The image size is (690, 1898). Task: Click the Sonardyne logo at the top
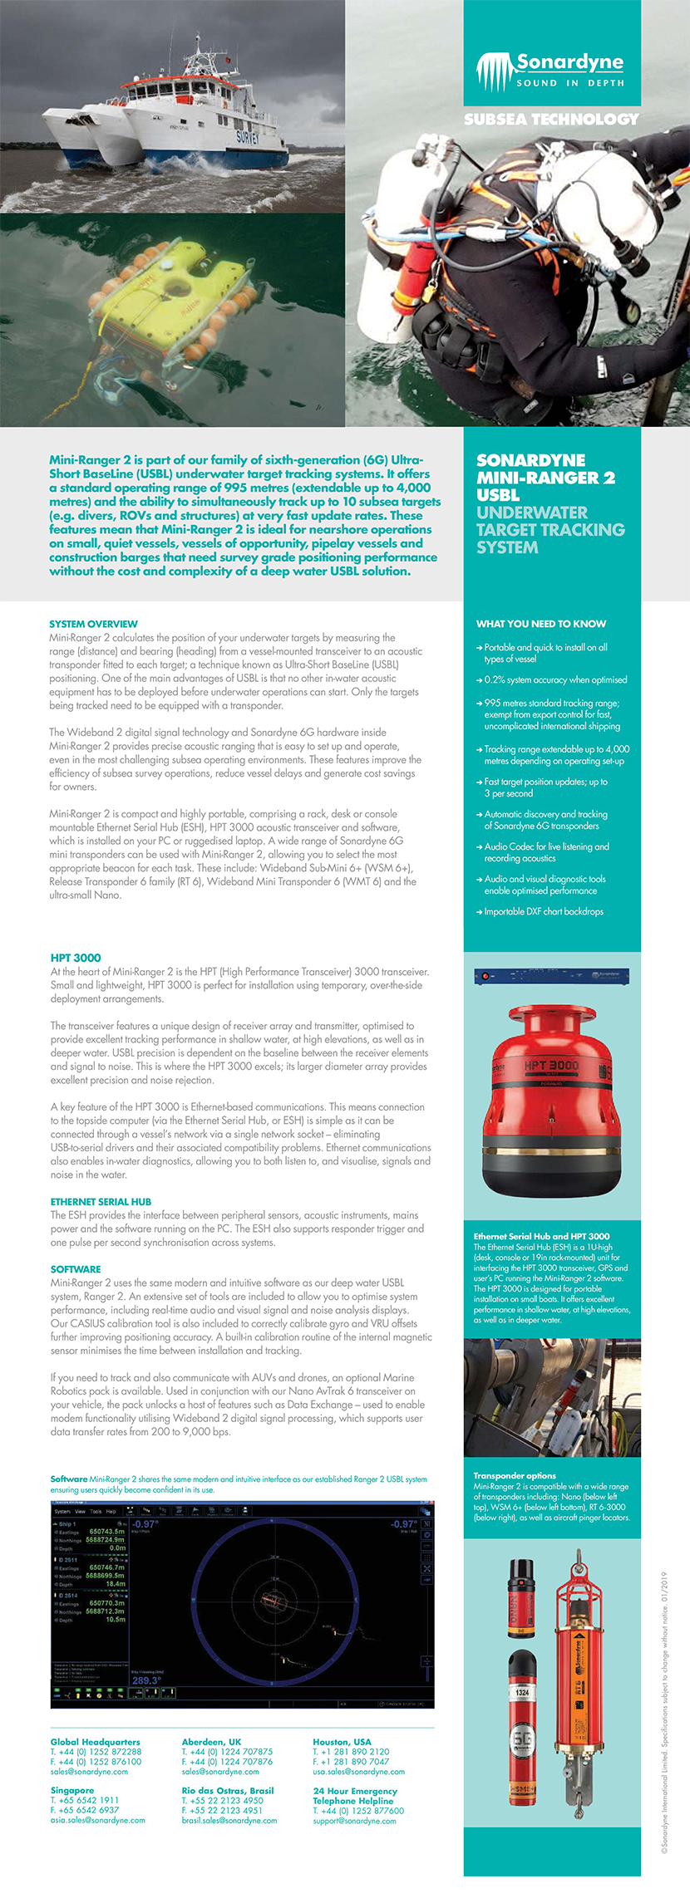click(x=550, y=71)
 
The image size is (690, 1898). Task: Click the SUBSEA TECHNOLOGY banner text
click(x=551, y=120)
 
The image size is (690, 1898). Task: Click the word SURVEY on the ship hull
click(x=247, y=137)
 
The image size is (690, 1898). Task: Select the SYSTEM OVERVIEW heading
click(x=93, y=624)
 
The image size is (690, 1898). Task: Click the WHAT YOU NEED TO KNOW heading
click(x=541, y=624)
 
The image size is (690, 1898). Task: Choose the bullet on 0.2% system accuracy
click(x=555, y=679)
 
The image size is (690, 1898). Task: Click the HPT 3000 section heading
click(x=76, y=958)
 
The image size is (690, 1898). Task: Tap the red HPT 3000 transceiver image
click(x=551, y=1096)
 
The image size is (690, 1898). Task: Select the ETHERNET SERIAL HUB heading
click(x=101, y=1202)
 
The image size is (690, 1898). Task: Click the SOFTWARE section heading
click(x=76, y=1269)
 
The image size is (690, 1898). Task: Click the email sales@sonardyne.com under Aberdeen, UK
click(x=220, y=1772)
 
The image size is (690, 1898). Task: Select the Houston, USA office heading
click(x=342, y=1742)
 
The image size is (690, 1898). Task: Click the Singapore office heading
click(x=72, y=1791)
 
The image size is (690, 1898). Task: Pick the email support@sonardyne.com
click(x=354, y=1821)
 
